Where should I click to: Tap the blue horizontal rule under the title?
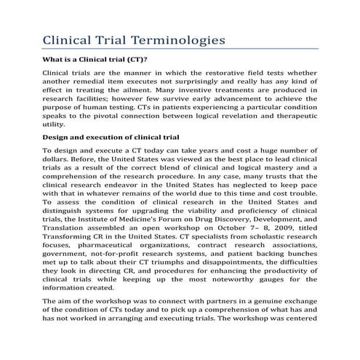click(x=180, y=49)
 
